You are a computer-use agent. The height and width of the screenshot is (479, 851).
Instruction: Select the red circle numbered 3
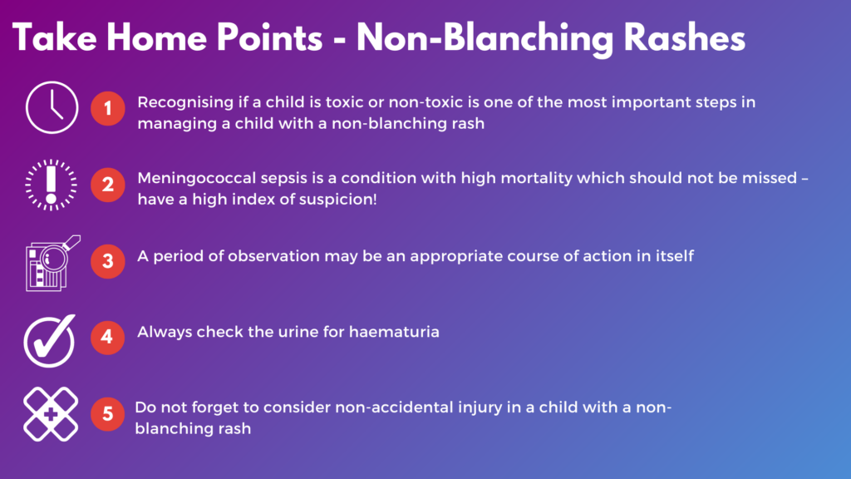(x=107, y=259)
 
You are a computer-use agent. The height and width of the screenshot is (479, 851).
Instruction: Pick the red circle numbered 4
(x=107, y=337)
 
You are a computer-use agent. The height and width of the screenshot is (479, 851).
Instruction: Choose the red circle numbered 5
(x=107, y=413)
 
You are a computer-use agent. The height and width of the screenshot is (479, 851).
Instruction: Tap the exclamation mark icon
(x=52, y=184)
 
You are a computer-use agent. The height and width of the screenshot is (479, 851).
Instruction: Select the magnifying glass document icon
(x=52, y=261)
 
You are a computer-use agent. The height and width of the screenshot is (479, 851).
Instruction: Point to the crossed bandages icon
(x=52, y=413)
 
